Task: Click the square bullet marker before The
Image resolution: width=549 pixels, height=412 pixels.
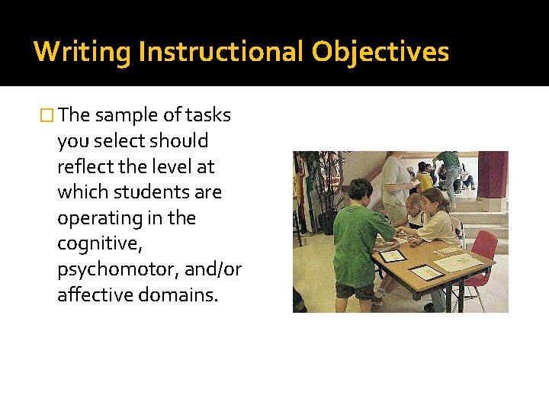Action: click(x=47, y=116)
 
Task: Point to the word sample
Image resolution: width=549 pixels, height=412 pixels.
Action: click(x=127, y=115)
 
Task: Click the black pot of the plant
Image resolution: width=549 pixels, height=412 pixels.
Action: click(x=328, y=221)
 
